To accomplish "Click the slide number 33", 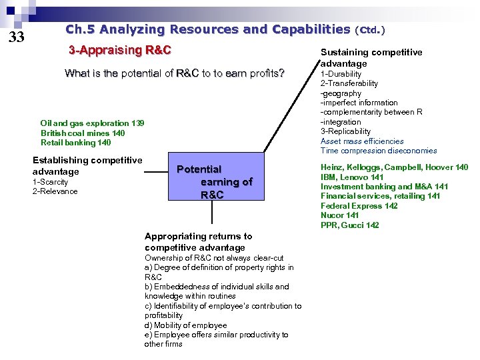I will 16,37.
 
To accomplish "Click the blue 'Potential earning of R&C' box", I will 213,181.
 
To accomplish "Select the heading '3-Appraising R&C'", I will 121,50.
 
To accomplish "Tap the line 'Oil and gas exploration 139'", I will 92,123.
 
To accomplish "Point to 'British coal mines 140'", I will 82,133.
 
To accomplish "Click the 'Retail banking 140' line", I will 75,142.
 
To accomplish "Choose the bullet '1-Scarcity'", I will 50,182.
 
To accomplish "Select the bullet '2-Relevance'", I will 55,191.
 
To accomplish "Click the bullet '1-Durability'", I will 341,74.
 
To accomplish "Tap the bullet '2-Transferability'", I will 349,83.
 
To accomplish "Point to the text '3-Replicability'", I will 345,131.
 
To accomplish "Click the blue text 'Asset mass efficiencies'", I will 362,141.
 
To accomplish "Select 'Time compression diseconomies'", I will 379,151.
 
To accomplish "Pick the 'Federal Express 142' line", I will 359,206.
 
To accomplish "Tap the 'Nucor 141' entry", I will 340,215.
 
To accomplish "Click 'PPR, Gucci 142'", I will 349,225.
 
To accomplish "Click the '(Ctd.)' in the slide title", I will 371,30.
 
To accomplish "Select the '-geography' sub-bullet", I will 341,93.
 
